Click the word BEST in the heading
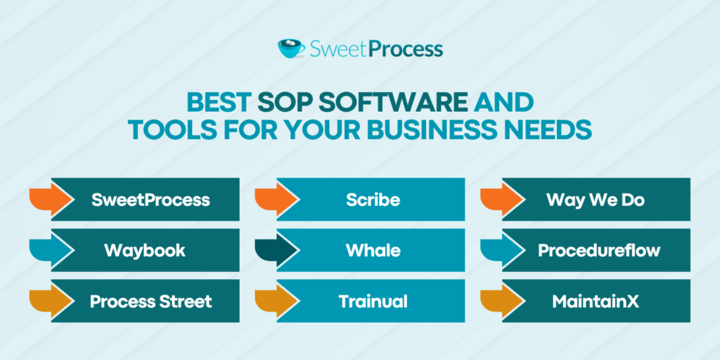tap(217, 103)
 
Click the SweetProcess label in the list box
tap(150, 200)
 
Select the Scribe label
tap(373, 200)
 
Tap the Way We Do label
tap(595, 200)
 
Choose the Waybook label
tap(145, 250)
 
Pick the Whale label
tap(373, 250)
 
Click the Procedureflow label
tap(599, 250)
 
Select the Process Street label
tap(150, 302)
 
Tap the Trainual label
tap(373, 302)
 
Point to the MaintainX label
tap(595, 302)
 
